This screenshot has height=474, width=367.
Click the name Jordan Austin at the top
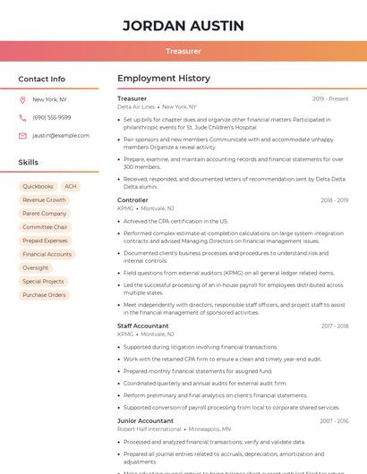183,25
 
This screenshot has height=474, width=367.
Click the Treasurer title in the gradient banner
183,51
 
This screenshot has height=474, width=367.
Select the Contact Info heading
41,79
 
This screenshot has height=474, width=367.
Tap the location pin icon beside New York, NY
22,99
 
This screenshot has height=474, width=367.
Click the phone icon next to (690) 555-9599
22,117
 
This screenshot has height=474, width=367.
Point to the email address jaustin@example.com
61,135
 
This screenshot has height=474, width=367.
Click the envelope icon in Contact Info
22,135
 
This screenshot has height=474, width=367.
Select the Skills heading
29,163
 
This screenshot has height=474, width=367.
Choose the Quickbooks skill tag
38,186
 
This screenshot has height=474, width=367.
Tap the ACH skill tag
70,186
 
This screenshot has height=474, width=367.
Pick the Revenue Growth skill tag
44,200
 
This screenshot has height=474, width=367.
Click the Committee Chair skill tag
45,227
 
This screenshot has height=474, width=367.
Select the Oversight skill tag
35,267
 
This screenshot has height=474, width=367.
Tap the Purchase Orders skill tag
44,294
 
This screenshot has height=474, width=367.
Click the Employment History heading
164,79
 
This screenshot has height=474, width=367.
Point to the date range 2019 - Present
330,98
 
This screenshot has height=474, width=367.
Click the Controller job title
132,200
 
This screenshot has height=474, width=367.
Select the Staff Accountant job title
143,326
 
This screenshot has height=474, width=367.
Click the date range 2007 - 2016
334,420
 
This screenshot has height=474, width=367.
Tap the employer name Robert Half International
149,428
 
